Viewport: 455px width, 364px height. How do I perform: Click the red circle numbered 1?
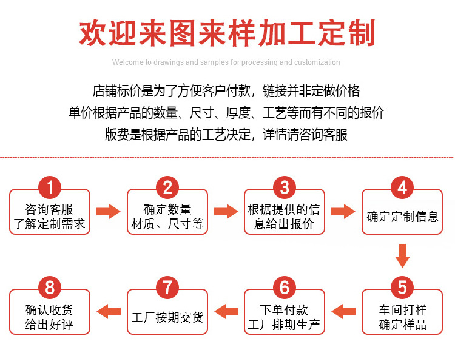coord(50,187)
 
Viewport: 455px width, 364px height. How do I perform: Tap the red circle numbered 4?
coord(402,187)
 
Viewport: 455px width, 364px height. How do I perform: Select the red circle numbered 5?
coord(402,288)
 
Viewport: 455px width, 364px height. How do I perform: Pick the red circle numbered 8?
coord(50,288)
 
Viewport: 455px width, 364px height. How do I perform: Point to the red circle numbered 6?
coord(285,288)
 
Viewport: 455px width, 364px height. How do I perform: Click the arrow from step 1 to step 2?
coord(108,211)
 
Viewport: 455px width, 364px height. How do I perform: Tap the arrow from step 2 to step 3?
coord(226,211)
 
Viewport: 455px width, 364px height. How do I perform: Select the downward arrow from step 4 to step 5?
coord(402,256)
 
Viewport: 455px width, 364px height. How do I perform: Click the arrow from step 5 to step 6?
coord(343,311)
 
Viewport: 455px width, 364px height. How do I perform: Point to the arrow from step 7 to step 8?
coord(109,311)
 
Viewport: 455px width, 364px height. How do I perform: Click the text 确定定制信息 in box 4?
coord(402,217)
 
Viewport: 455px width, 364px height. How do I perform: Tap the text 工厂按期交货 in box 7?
coord(167,317)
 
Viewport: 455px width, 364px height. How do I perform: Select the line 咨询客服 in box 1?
coord(49,209)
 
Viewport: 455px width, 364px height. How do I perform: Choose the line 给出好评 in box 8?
coord(49,325)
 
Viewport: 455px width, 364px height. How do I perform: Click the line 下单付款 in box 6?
coord(284,310)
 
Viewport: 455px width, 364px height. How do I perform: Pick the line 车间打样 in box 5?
coord(403,310)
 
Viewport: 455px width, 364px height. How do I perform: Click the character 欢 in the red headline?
coord(93,33)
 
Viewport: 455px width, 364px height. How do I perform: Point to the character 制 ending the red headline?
coord(362,33)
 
